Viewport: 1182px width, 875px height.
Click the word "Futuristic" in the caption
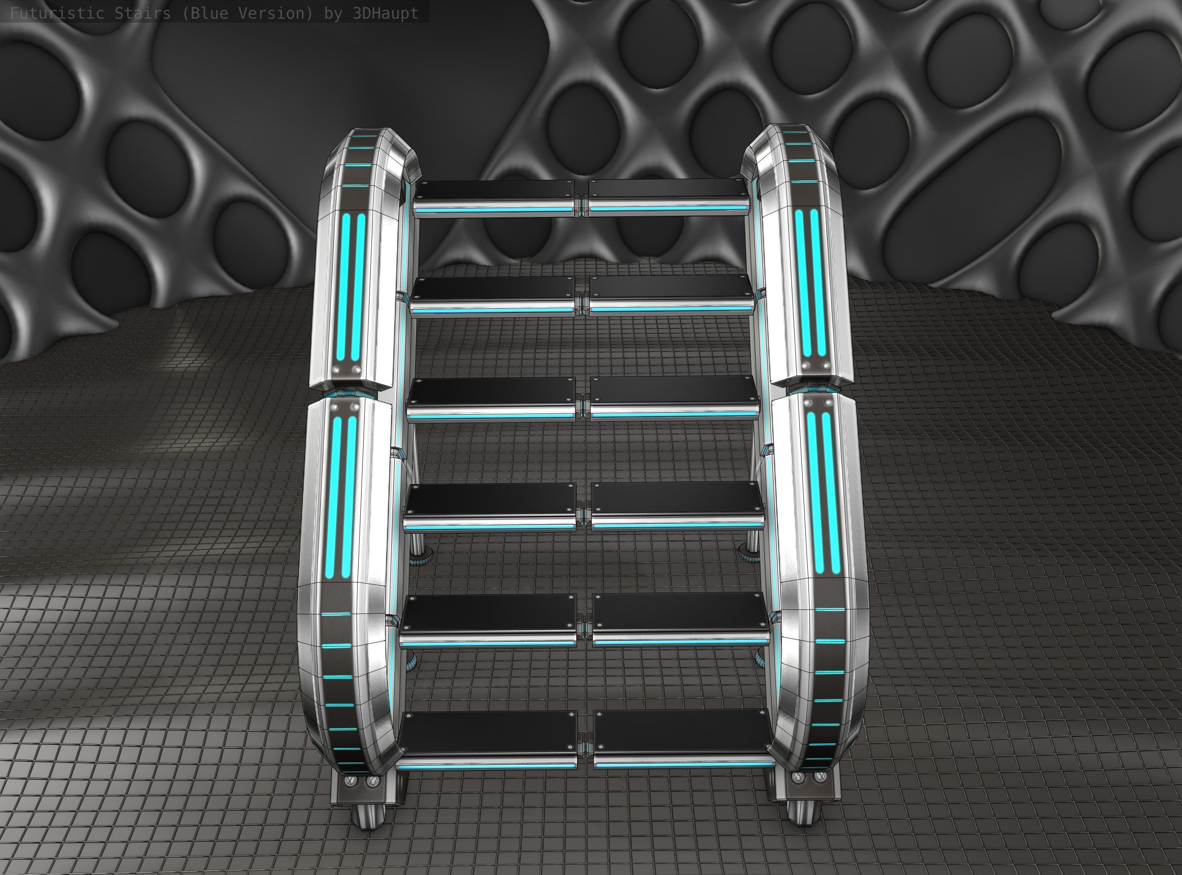[57, 13]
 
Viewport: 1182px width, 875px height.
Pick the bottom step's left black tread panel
[487, 733]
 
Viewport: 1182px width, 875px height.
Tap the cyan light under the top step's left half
[495, 210]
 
